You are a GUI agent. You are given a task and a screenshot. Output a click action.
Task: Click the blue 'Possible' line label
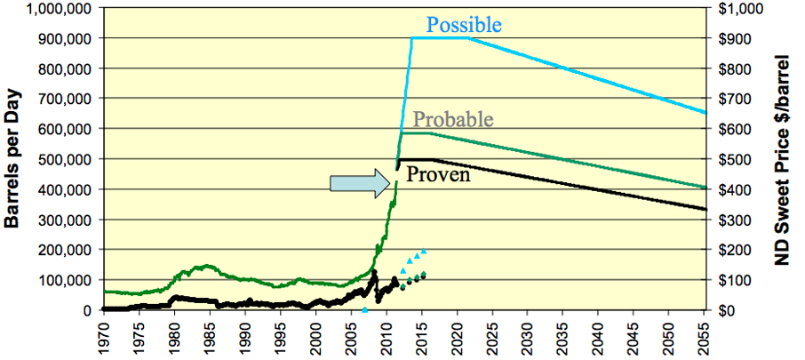point(463,24)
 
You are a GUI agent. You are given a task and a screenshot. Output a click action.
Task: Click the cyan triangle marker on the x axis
point(364,309)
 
